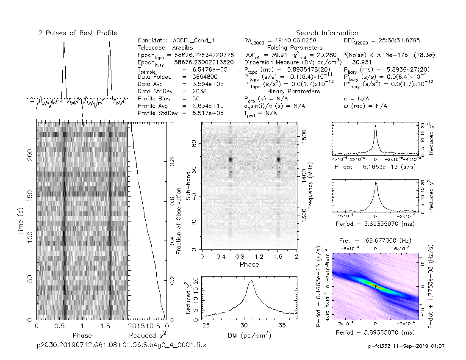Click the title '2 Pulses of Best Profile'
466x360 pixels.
78,33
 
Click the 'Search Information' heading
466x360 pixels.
327,33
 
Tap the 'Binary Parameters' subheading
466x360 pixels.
294,91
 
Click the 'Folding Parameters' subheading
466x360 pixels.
294,48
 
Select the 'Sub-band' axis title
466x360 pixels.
189,187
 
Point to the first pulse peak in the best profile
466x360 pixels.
64,42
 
